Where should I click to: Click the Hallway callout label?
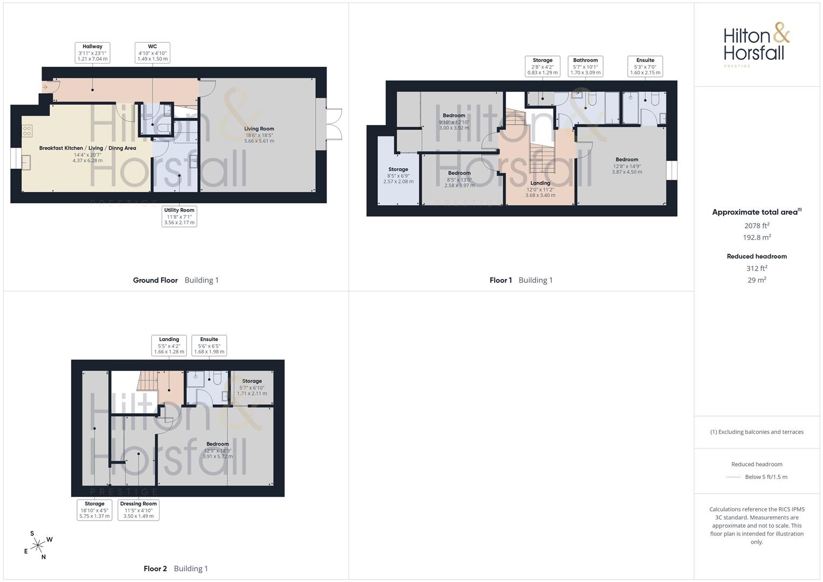[92, 53]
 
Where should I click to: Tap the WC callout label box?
[153, 53]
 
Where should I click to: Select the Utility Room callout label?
[179, 217]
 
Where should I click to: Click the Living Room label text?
[259, 135]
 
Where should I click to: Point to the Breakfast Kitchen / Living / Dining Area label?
[87, 154]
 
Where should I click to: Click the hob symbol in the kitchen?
[27, 131]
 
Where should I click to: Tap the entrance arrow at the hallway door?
[45, 87]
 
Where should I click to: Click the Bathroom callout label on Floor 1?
[585, 66]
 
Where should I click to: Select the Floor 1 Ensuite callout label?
[645, 66]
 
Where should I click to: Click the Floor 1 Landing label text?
[540, 189]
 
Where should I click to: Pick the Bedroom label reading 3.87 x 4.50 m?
[627, 165]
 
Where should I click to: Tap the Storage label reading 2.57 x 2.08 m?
[398, 175]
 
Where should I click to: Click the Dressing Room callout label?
[139, 510]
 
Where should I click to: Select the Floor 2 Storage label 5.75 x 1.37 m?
[94, 510]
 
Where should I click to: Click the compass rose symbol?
[38, 545]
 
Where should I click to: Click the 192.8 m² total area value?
[757, 237]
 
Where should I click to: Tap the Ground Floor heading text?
[155, 280]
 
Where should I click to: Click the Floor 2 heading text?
[155, 569]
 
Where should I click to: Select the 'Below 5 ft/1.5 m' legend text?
[766, 477]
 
